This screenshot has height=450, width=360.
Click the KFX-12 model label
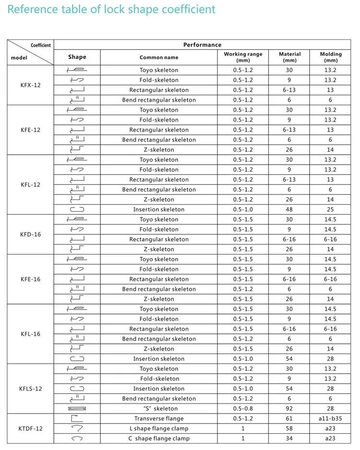(x=30, y=85)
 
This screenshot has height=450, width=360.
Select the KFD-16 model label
(x=30, y=234)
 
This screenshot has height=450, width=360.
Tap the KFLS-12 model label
(x=30, y=389)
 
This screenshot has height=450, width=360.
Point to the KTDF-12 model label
(x=30, y=428)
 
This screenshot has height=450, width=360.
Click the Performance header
(x=202, y=45)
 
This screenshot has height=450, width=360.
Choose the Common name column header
(x=159, y=58)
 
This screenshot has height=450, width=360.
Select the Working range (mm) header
(x=243, y=58)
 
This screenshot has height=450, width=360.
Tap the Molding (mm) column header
(x=331, y=58)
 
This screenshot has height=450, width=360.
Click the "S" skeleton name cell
(x=159, y=409)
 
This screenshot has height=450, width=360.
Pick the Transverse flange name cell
(x=159, y=419)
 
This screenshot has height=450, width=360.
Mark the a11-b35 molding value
(x=331, y=419)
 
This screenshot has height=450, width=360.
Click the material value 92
(x=289, y=409)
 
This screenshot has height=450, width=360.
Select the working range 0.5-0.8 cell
(x=243, y=409)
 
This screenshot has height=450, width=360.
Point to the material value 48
(x=289, y=209)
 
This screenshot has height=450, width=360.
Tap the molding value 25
(x=331, y=209)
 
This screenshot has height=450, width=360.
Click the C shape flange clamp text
(x=159, y=438)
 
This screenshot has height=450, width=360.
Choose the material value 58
(x=289, y=428)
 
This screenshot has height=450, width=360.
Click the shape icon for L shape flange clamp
(x=77, y=428)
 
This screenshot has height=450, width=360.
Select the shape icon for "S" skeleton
(x=77, y=409)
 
